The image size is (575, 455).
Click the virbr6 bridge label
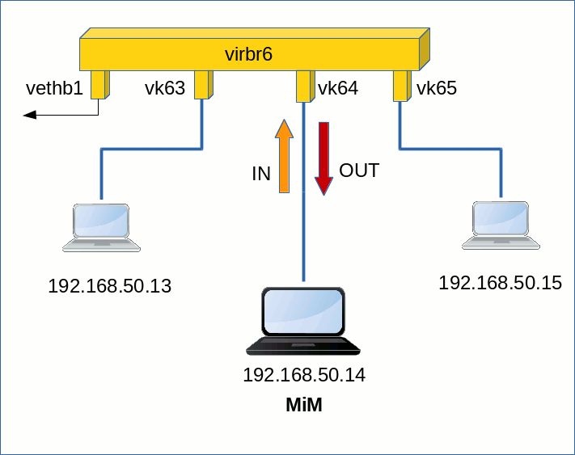(x=248, y=54)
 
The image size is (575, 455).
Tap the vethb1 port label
(x=54, y=88)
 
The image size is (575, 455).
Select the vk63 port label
(x=165, y=88)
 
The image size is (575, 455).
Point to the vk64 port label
(x=338, y=88)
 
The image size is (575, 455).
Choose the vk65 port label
(x=437, y=88)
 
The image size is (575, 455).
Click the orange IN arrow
(x=284, y=156)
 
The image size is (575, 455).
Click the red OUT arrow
(x=323, y=158)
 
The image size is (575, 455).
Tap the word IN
(x=261, y=174)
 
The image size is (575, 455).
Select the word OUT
(x=359, y=171)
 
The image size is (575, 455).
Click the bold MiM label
(x=304, y=405)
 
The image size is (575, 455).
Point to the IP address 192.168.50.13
(x=110, y=286)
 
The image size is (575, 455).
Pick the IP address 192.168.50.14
(x=304, y=375)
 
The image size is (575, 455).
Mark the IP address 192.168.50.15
(x=500, y=283)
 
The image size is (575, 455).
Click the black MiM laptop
(x=303, y=322)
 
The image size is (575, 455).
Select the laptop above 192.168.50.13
(x=101, y=228)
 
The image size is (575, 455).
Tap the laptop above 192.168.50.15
(x=501, y=225)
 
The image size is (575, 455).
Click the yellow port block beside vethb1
(x=100, y=85)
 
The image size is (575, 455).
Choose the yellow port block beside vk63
(x=204, y=85)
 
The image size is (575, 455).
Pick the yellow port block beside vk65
(x=402, y=86)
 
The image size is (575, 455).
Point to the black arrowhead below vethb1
(x=30, y=115)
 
